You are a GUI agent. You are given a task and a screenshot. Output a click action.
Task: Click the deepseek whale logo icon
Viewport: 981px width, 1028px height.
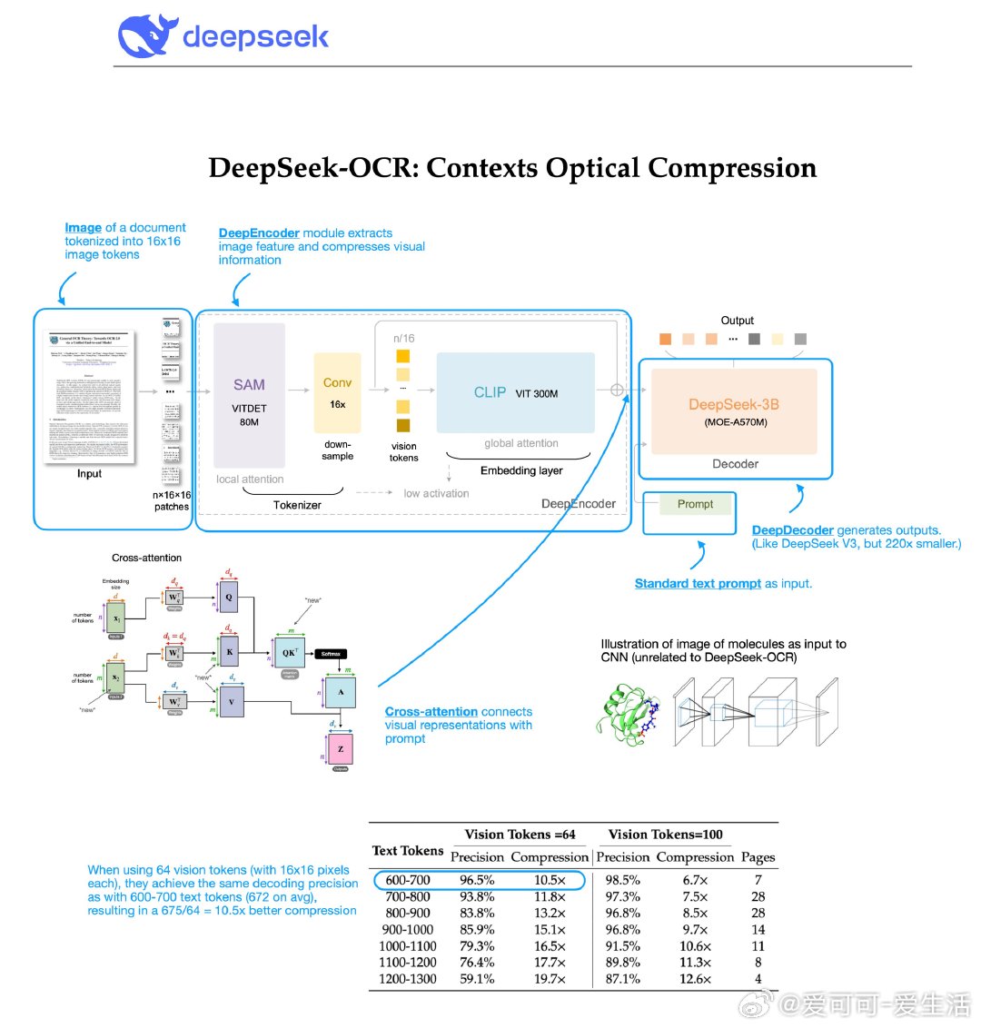click(145, 36)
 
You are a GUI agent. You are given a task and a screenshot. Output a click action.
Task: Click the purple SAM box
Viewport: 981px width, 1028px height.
click(249, 395)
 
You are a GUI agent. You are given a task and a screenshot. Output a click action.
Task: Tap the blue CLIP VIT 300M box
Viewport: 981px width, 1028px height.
click(515, 393)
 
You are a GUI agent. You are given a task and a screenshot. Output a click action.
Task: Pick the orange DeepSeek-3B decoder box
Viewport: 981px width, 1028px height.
click(734, 411)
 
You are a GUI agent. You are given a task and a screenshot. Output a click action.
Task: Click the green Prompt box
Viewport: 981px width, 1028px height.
click(695, 504)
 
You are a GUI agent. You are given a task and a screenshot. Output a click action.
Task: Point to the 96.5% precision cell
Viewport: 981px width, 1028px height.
click(477, 880)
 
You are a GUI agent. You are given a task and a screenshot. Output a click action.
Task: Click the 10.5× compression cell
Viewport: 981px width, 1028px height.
click(550, 880)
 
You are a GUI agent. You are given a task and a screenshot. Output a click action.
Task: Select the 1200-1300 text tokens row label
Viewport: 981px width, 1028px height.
click(408, 979)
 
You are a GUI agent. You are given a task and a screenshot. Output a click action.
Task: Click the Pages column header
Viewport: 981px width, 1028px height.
click(758, 857)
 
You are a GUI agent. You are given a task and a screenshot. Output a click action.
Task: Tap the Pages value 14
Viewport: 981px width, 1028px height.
click(758, 930)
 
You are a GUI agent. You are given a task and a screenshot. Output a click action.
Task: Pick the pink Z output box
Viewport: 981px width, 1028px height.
click(341, 749)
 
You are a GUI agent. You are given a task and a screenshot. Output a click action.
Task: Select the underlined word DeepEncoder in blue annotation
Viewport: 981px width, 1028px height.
click(259, 233)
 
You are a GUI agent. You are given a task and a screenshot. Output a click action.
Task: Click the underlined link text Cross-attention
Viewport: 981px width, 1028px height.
click(431, 712)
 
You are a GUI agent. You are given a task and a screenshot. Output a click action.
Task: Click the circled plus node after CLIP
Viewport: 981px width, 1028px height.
click(618, 390)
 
